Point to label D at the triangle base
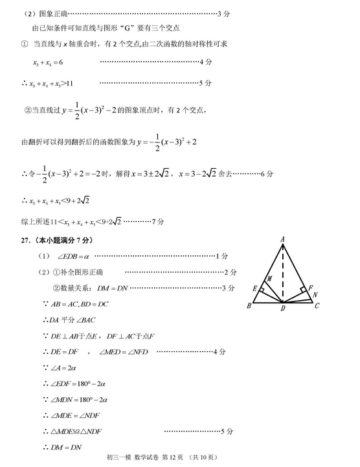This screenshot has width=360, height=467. (283, 309)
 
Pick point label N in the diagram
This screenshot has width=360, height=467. (315, 294)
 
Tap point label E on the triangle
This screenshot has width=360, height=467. (255, 288)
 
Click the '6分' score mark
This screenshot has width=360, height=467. (267, 173)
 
